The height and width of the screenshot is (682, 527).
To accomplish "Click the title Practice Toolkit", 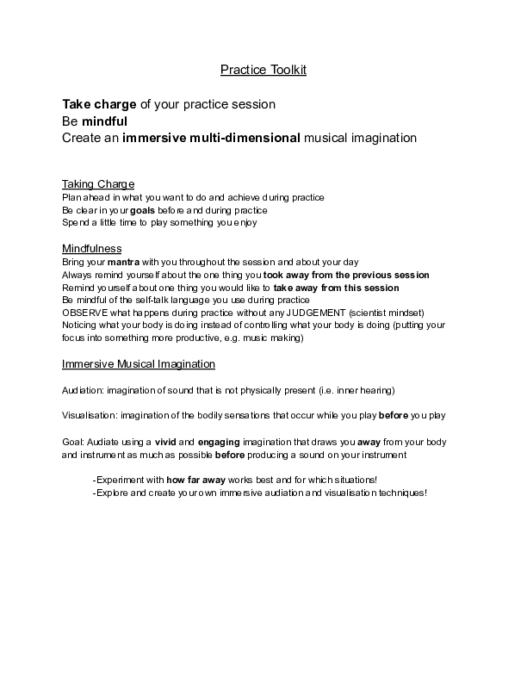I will pos(263,70).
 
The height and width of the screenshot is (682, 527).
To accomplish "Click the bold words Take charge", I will pos(99,104).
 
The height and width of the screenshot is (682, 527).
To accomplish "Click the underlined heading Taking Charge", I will pos(98,184).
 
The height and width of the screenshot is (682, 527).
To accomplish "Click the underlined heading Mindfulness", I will pos(91,249).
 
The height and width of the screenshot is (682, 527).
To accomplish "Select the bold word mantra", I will pos(123,262).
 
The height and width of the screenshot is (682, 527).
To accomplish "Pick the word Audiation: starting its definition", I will pos(83,390).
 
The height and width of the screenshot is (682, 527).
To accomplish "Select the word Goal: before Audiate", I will pos(74,442).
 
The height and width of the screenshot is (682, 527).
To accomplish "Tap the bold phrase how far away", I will pos(198,480).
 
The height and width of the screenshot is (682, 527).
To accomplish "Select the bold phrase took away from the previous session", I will pos(358,275).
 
